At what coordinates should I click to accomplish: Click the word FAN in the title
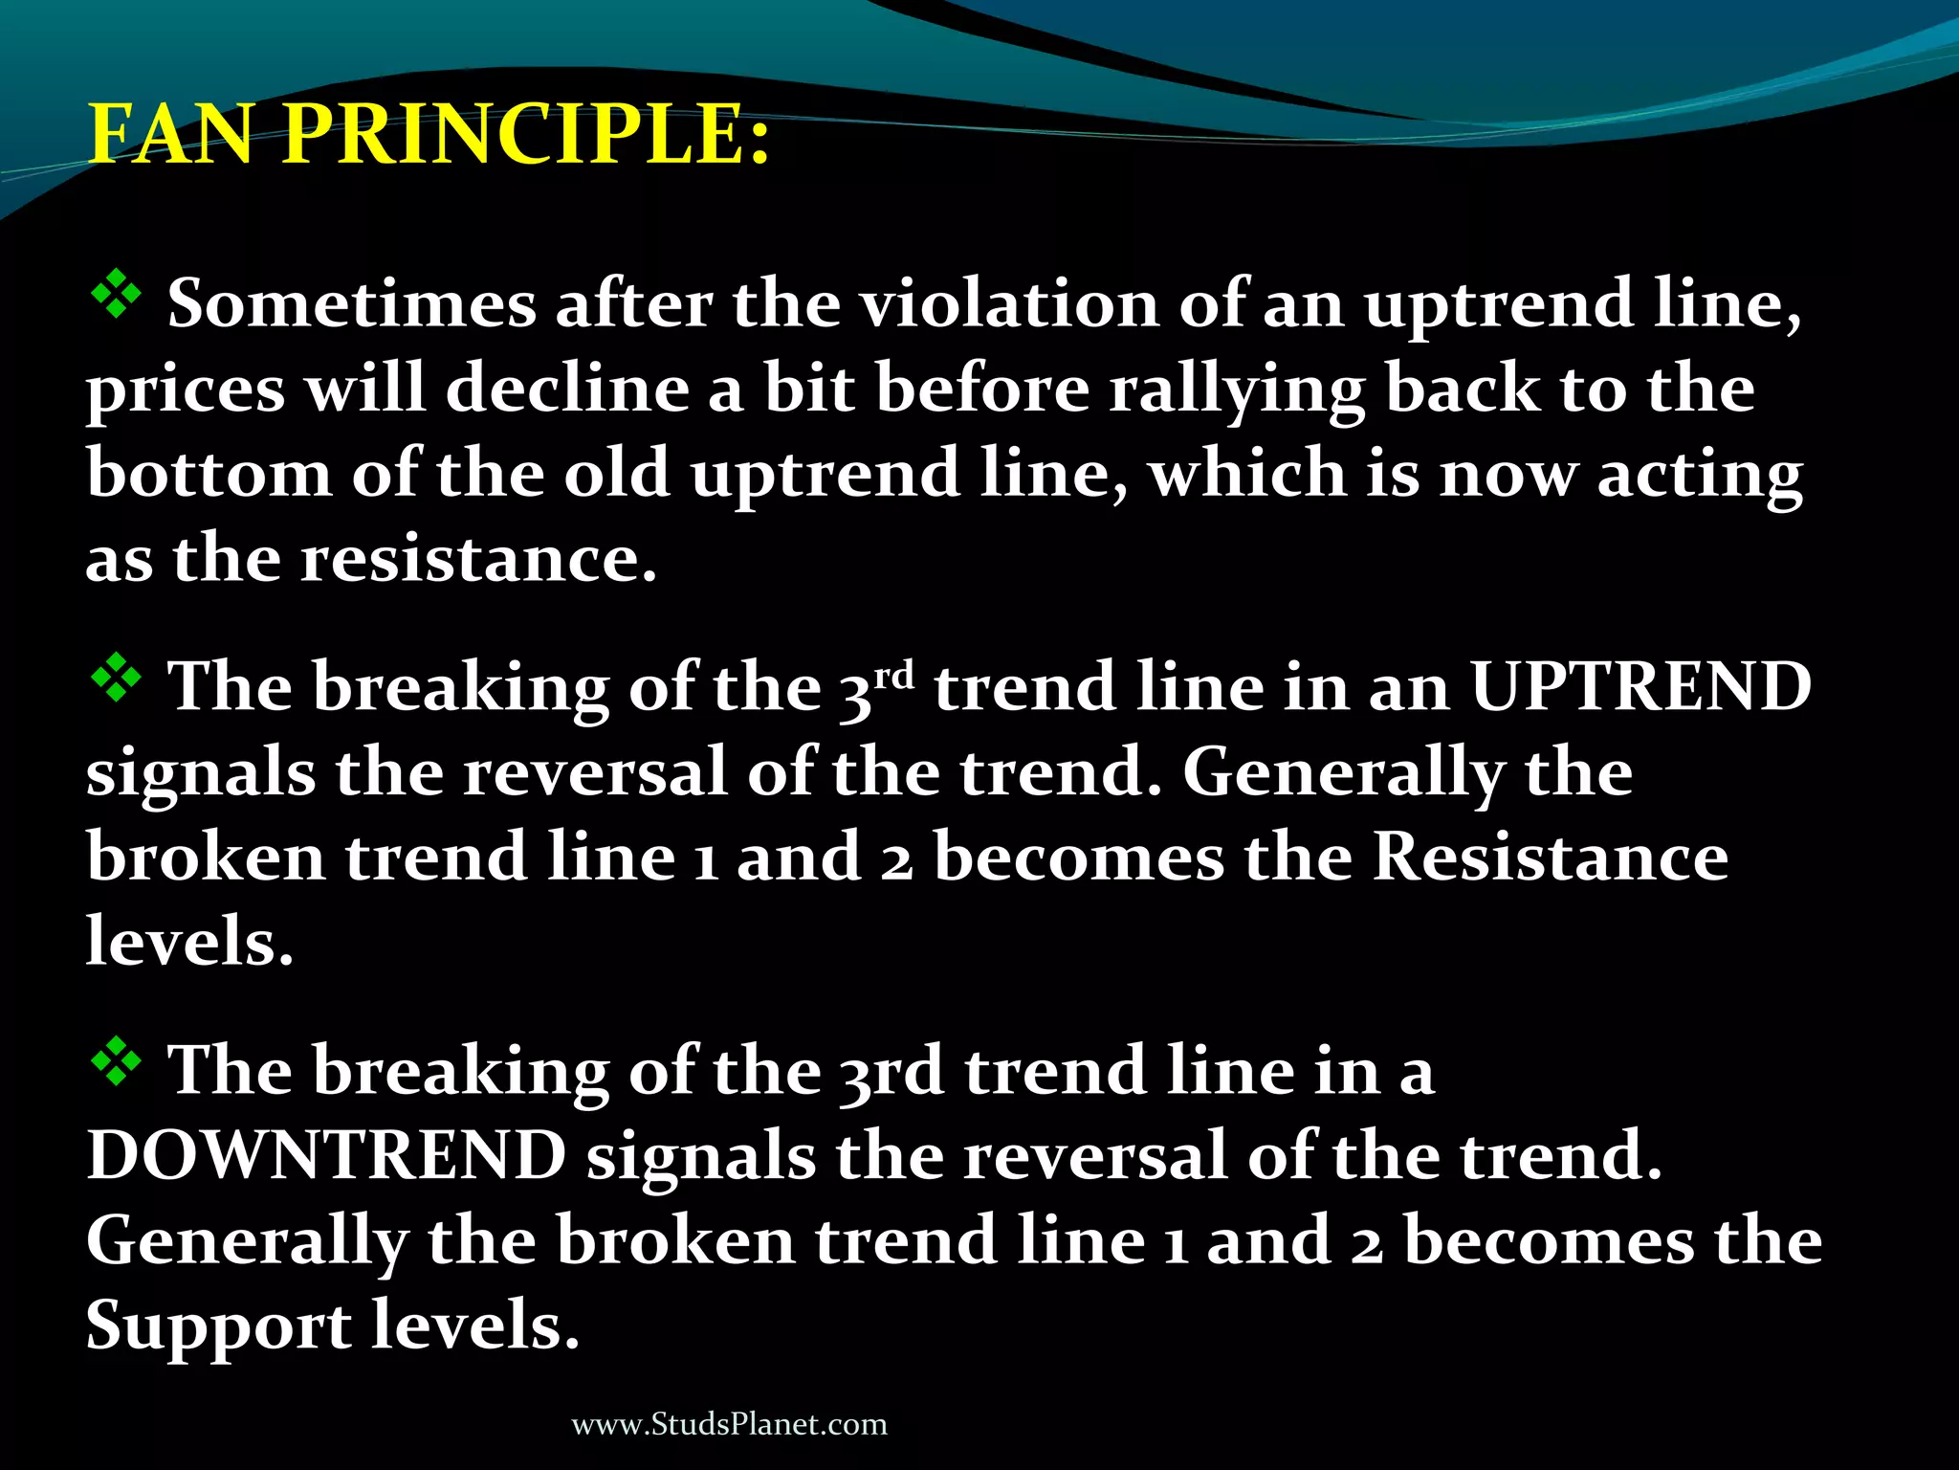tap(170, 134)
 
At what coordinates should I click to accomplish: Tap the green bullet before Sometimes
tap(116, 295)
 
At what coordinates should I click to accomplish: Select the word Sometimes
tap(351, 304)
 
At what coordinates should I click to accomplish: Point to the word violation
tap(1007, 304)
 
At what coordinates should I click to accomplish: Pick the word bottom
tap(209, 474)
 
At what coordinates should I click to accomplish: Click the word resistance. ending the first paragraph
tap(479, 559)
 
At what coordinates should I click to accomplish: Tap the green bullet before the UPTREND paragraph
tap(116, 679)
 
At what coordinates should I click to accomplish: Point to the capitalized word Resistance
tap(1551, 857)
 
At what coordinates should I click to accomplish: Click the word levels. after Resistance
tap(189, 942)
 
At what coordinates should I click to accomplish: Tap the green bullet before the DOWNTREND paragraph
tap(116, 1062)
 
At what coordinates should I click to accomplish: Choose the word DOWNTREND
tap(326, 1155)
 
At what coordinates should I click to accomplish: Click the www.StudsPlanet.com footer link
tap(729, 1425)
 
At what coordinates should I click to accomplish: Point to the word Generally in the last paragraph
tap(247, 1242)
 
